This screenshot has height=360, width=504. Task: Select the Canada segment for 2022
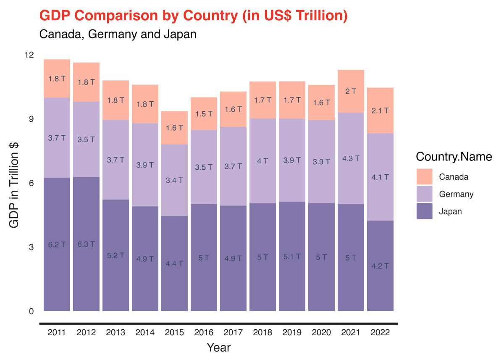click(380, 101)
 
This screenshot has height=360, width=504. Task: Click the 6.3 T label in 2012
click(86, 244)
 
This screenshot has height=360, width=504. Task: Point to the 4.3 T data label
click(351, 159)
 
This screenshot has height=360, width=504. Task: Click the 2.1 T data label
click(380, 111)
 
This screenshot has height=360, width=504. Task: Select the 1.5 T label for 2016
click(204, 114)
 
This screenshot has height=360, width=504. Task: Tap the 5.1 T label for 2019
click(292, 257)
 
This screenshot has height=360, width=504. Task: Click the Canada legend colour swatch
click(424, 177)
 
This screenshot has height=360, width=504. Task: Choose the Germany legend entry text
click(456, 194)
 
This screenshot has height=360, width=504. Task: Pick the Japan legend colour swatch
click(424, 211)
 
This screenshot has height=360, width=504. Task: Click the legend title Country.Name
click(454, 157)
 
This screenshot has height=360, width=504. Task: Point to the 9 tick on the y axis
click(31, 119)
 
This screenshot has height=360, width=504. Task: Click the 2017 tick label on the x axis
click(233, 333)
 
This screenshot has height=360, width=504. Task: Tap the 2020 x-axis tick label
click(321, 333)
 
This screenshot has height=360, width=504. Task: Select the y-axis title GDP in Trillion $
click(14, 185)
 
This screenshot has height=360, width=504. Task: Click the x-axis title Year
click(218, 348)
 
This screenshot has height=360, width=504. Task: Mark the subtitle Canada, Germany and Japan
click(118, 34)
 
